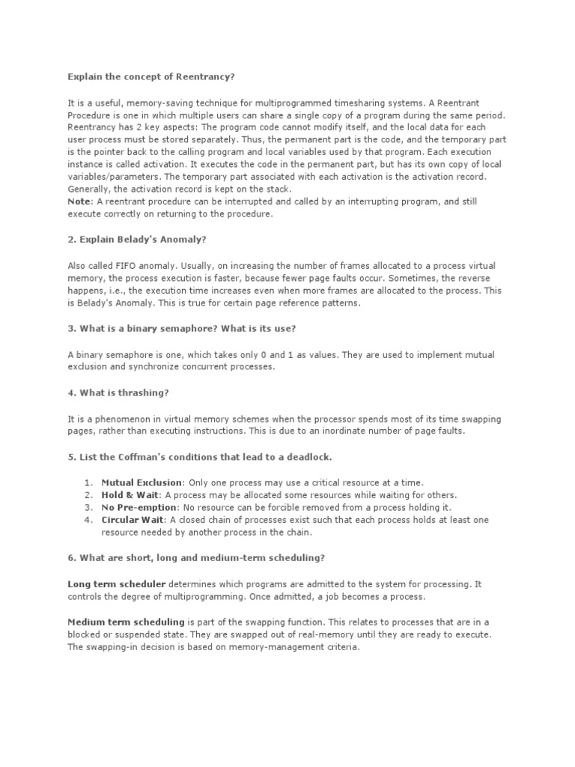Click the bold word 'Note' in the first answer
pos(79,202)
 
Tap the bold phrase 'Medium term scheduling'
pos(126,622)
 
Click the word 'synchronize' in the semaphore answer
pos(139,368)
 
